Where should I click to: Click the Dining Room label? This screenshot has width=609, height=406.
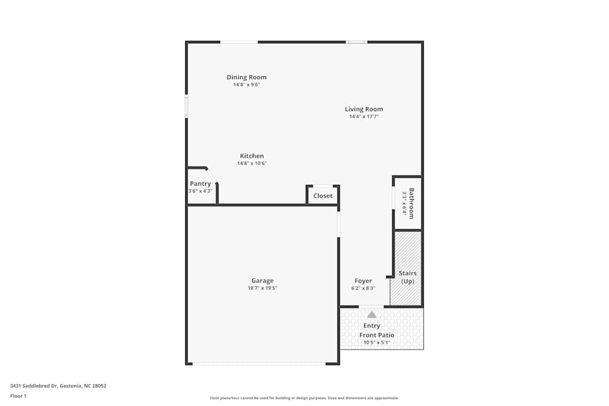(x=247, y=77)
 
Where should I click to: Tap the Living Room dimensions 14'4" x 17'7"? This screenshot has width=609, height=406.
(x=364, y=116)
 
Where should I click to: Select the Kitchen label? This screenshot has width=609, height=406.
(x=252, y=156)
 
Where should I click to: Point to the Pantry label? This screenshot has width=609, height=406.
(x=200, y=184)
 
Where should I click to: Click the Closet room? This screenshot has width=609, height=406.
(x=323, y=195)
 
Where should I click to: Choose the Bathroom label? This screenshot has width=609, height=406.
(x=412, y=203)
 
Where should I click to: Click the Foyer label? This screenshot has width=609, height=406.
(x=363, y=281)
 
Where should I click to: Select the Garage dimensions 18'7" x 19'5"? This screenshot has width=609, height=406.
(x=262, y=288)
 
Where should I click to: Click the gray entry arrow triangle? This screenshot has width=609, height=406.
(x=371, y=314)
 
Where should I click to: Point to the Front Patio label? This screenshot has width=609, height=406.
(x=376, y=335)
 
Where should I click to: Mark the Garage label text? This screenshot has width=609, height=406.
(x=262, y=281)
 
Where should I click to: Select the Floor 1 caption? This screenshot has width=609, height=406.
(x=18, y=396)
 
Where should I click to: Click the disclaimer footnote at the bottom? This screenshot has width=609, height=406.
(x=304, y=397)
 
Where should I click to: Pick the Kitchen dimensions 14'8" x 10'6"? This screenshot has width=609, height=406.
(x=252, y=163)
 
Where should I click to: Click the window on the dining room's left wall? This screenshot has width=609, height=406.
(x=186, y=106)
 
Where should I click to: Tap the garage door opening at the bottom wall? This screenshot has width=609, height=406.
(x=259, y=364)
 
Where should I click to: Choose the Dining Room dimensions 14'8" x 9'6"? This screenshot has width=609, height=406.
(x=247, y=85)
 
